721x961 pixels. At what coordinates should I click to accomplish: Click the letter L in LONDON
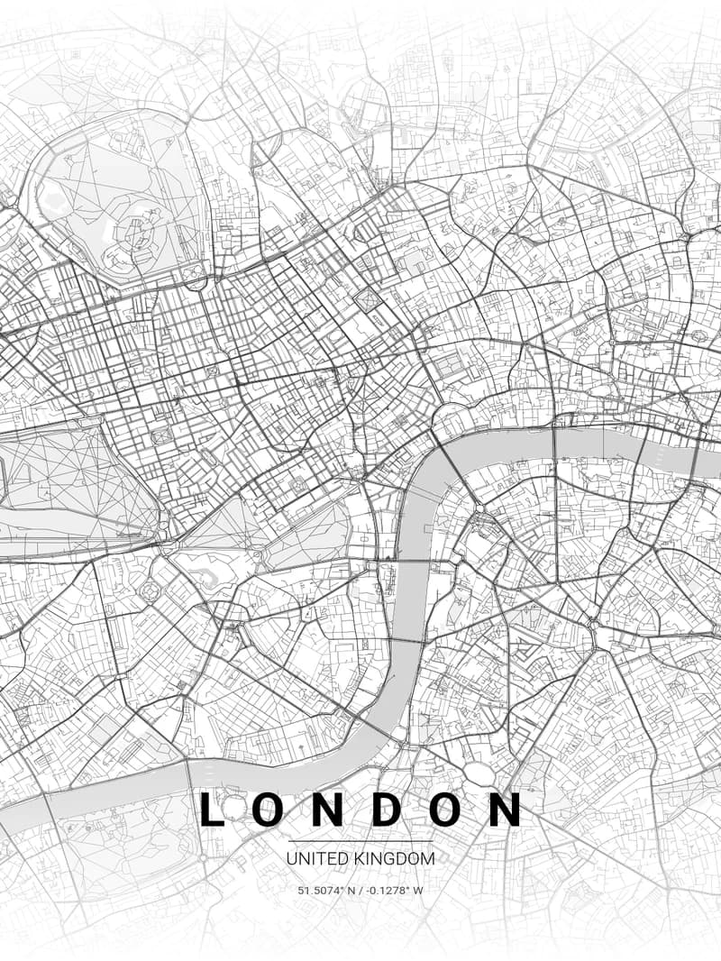click(210, 809)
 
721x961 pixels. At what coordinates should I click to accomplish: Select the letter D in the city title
click(386, 809)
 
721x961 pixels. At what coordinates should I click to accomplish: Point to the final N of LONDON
click(505, 809)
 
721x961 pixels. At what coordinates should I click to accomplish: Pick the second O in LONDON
click(445, 809)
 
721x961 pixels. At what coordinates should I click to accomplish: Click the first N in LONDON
click(327, 809)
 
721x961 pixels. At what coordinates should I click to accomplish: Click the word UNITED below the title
click(311, 859)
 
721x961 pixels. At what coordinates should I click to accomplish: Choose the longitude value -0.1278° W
click(394, 891)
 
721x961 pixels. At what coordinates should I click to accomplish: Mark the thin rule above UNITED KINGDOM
click(360, 841)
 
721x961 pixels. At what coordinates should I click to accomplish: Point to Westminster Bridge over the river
click(410, 561)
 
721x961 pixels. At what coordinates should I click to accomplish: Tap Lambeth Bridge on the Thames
click(407, 642)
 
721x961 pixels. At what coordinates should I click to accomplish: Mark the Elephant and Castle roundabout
click(594, 623)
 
